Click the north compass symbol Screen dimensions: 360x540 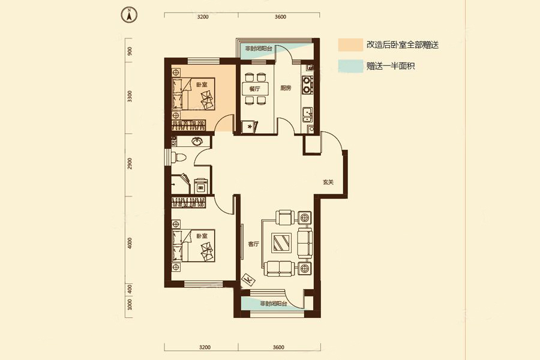128,14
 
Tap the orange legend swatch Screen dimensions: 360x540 350,45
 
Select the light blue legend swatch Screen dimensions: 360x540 350,66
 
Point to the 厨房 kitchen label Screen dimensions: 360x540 286,88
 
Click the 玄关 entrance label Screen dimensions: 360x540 328,182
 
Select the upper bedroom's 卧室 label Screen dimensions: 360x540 202,85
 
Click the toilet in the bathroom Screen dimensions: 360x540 179,157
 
